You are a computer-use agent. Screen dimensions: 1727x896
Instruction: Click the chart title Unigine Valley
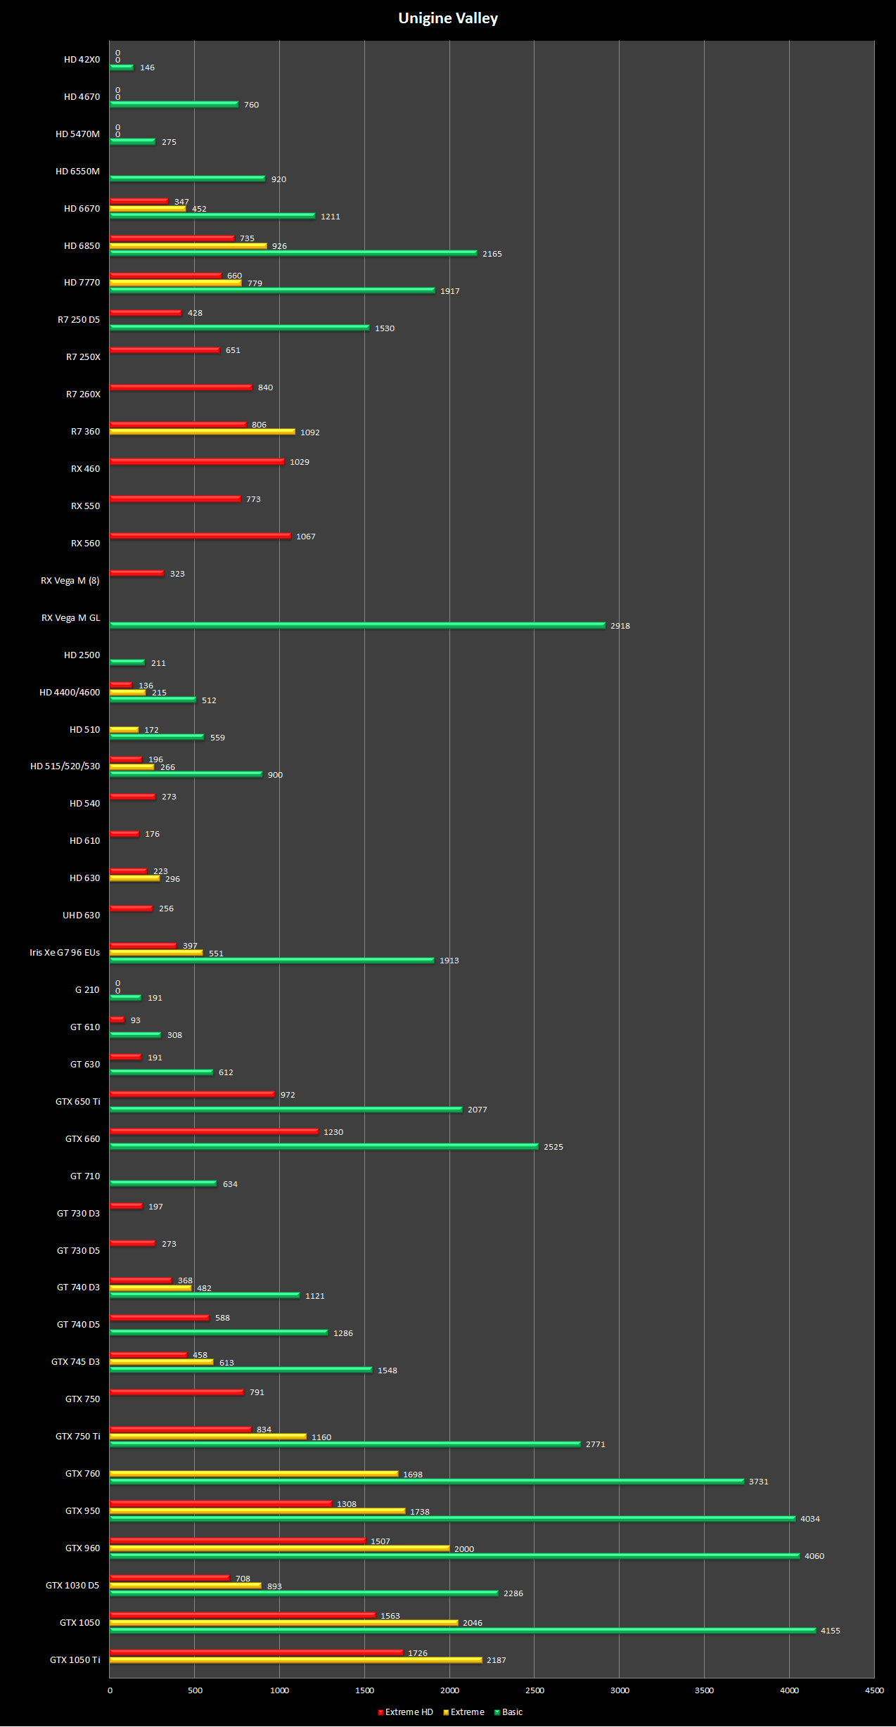click(x=448, y=18)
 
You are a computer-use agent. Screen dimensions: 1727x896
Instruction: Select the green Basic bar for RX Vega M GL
click(x=357, y=625)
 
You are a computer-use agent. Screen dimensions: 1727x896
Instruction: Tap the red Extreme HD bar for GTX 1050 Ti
click(x=256, y=1652)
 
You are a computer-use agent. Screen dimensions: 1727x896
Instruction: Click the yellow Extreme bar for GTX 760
click(x=253, y=1473)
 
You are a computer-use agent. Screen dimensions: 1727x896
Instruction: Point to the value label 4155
click(x=830, y=1631)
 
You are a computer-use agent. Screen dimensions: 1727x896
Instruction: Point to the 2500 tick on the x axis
click(x=535, y=1690)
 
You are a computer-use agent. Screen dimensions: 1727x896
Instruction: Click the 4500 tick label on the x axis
click(x=874, y=1690)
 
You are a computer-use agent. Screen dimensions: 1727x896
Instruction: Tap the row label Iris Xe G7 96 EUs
click(x=65, y=953)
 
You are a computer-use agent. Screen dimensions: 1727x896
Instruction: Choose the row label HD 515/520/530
click(x=65, y=766)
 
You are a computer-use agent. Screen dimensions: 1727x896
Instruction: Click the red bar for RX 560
click(x=200, y=536)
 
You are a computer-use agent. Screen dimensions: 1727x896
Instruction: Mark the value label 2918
click(x=620, y=626)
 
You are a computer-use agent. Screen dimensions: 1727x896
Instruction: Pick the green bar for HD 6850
click(x=293, y=253)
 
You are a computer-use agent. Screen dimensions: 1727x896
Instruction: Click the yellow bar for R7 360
click(x=202, y=432)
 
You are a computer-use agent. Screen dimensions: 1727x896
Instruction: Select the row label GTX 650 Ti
click(x=77, y=1102)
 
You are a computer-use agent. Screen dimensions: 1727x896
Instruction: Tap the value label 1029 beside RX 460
click(x=299, y=462)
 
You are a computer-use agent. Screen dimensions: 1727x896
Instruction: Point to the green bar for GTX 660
click(x=324, y=1146)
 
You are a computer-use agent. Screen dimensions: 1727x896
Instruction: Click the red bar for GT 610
click(x=117, y=1020)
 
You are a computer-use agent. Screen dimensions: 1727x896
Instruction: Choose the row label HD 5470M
click(x=77, y=134)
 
